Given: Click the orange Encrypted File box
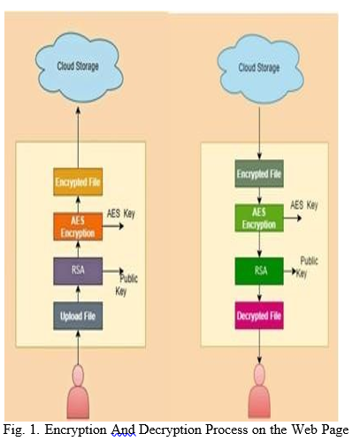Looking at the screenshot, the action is pos(78,182).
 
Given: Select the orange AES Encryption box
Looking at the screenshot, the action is pos(78,226).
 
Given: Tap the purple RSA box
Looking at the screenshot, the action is pos(78,271).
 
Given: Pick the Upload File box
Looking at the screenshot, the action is pos(78,316).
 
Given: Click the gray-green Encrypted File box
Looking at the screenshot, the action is pos(259,173).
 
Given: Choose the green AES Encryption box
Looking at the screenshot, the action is pos(259,218).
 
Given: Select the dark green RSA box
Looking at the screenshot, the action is pos(259,271).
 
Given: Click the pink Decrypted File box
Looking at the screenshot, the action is pos(259,316).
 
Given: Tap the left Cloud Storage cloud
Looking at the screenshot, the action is pos(79,67).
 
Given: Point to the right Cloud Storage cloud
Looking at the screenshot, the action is pos(260,68).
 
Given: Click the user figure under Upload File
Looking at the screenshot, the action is pos(78,392).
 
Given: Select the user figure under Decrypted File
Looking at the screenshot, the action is pos(259,392).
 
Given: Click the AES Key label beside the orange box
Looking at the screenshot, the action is pos(121,214).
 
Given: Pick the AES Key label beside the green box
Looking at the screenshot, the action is pos(304,205).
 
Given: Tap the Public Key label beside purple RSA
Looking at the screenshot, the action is pos(126,285).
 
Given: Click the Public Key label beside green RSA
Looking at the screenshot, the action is pos(307,267).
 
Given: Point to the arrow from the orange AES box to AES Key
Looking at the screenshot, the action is pos(113,226).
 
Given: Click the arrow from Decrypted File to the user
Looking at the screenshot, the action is pos(259,346).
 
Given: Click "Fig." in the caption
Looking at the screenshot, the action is pos(14,430).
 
